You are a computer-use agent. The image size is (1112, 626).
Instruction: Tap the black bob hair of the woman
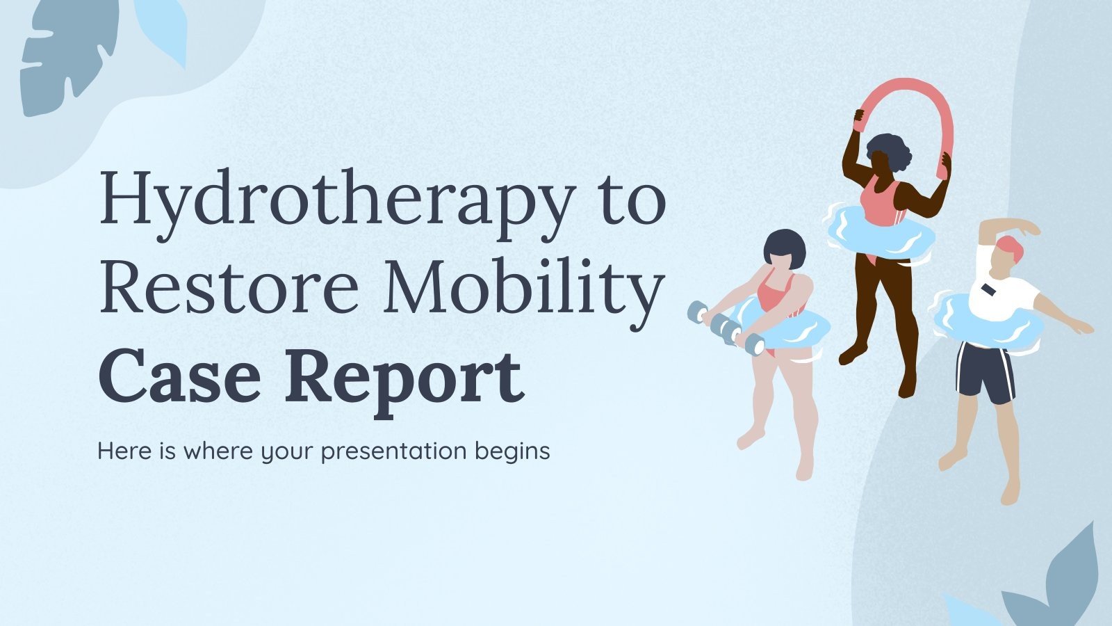[785, 245]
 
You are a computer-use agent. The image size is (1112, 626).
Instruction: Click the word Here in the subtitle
[122, 451]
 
